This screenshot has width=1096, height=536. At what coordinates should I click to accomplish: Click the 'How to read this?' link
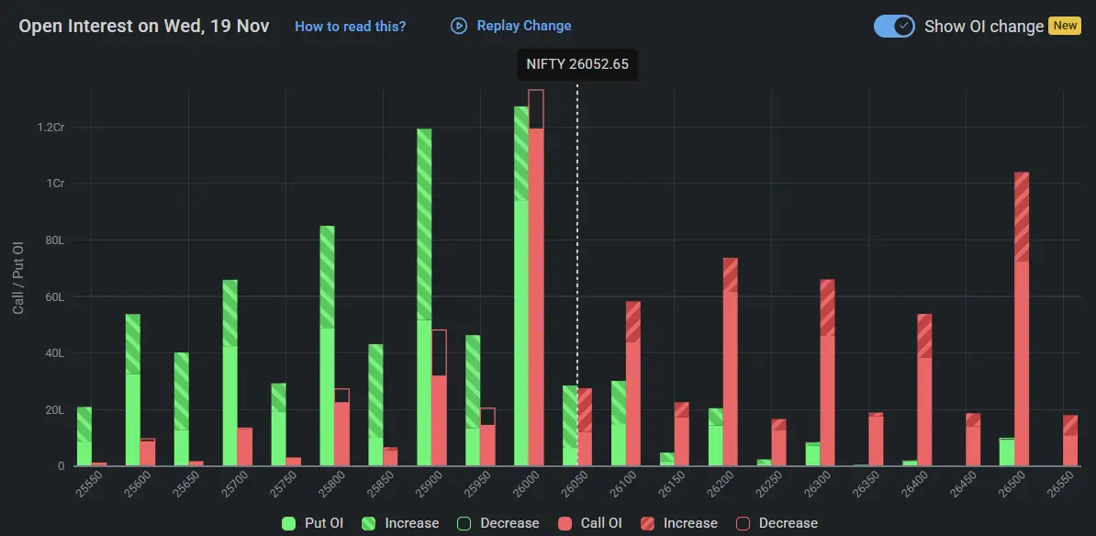(x=350, y=27)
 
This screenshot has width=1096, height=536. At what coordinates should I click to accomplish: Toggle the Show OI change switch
(x=894, y=26)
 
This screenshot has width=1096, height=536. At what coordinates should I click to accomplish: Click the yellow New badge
(x=1065, y=26)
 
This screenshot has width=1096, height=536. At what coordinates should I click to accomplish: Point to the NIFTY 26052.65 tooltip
(x=576, y=64)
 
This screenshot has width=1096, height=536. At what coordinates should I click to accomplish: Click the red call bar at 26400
(x=924, y=390)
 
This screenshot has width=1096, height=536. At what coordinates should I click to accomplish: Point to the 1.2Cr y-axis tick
(x=50, y=127)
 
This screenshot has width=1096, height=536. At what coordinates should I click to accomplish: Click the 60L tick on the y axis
(x=54, y=296)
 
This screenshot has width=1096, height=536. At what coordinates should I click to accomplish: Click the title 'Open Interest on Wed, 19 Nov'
(x=144, y=26)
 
